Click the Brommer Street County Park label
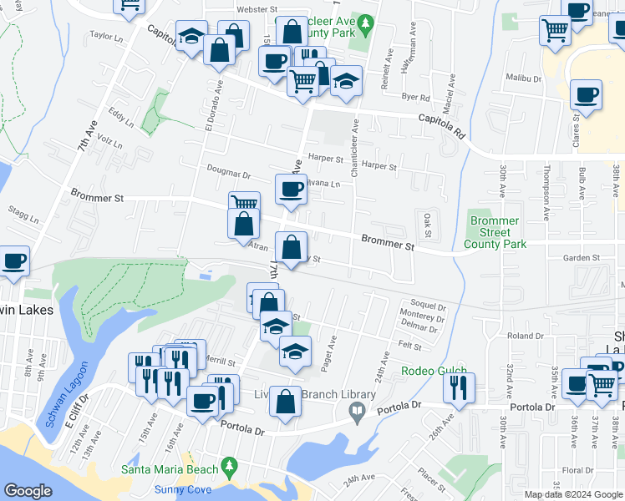click(x=494, y=232)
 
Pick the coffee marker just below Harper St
click(x=291, y=190)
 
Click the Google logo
click(x=28, y=491)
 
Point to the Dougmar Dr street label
click(x=229, y=175)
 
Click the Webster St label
click(x=233, y=8)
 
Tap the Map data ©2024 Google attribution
click(x=574, y=494)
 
